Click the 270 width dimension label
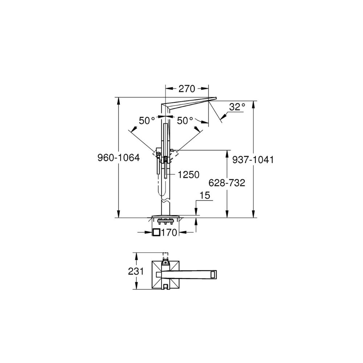point(187,89)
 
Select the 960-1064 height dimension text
point(119,158)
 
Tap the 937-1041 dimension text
point(253,160)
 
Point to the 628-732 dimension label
point(227,183)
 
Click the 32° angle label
point(237,107)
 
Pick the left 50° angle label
point(147,121)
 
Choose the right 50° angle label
point(185,121)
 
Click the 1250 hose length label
point(188,175)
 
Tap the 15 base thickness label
point(205,195)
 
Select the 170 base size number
point(169,232)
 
